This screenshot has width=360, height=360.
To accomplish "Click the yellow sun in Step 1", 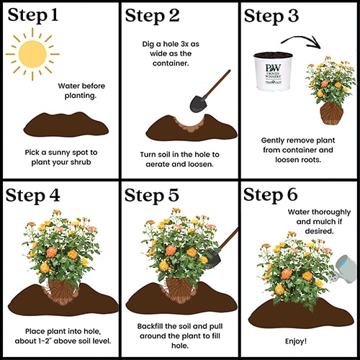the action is tap(32, 54).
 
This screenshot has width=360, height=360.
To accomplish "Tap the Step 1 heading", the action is tap(33, 15).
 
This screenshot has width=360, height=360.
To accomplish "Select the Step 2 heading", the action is tap(152, 16).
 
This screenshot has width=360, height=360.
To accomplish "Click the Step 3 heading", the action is tap(271, 16).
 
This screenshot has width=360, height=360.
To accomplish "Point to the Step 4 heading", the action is tap(32, 196).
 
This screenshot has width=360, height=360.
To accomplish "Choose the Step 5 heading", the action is tap(152, 195).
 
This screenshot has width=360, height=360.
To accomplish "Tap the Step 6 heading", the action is tap(271, 194).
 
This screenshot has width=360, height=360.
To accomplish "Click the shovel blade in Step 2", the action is tap(198, 104).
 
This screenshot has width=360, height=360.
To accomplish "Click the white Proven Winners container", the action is tap(273, 71).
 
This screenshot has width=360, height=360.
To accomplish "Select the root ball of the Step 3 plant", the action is tap(332, 113).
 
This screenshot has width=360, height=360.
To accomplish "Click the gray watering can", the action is tap(343, 269).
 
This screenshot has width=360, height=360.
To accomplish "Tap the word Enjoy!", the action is tap(296, 341).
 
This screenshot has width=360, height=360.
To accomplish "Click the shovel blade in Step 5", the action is tap(212, 258).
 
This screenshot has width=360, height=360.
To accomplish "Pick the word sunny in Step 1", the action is tap(59, 153).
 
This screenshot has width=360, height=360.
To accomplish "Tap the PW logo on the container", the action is tap(273, 68).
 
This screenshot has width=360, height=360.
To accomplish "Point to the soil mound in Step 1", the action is tap(66, 125).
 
